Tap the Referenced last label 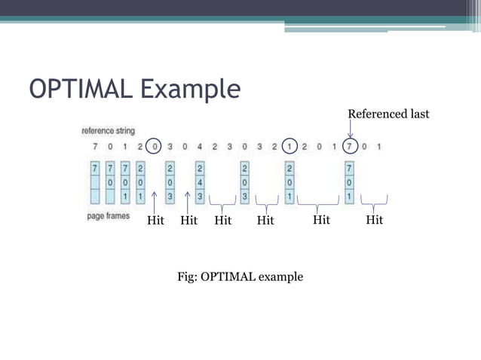[388, 114]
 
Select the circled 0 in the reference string [155, 145]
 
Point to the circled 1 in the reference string [290, 145]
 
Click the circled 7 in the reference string [350, 145]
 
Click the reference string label [109, 130]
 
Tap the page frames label [108, 215]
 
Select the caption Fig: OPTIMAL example [240, 276]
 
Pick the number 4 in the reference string [199, 145]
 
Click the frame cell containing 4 [200, 182]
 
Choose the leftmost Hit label [155, 220]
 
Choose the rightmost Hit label [374, 220]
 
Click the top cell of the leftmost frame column [94, 167]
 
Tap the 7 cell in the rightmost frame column [349, 167]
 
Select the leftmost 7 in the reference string [94, 145]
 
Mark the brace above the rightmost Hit [374, 202]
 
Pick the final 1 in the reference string [378, 145]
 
